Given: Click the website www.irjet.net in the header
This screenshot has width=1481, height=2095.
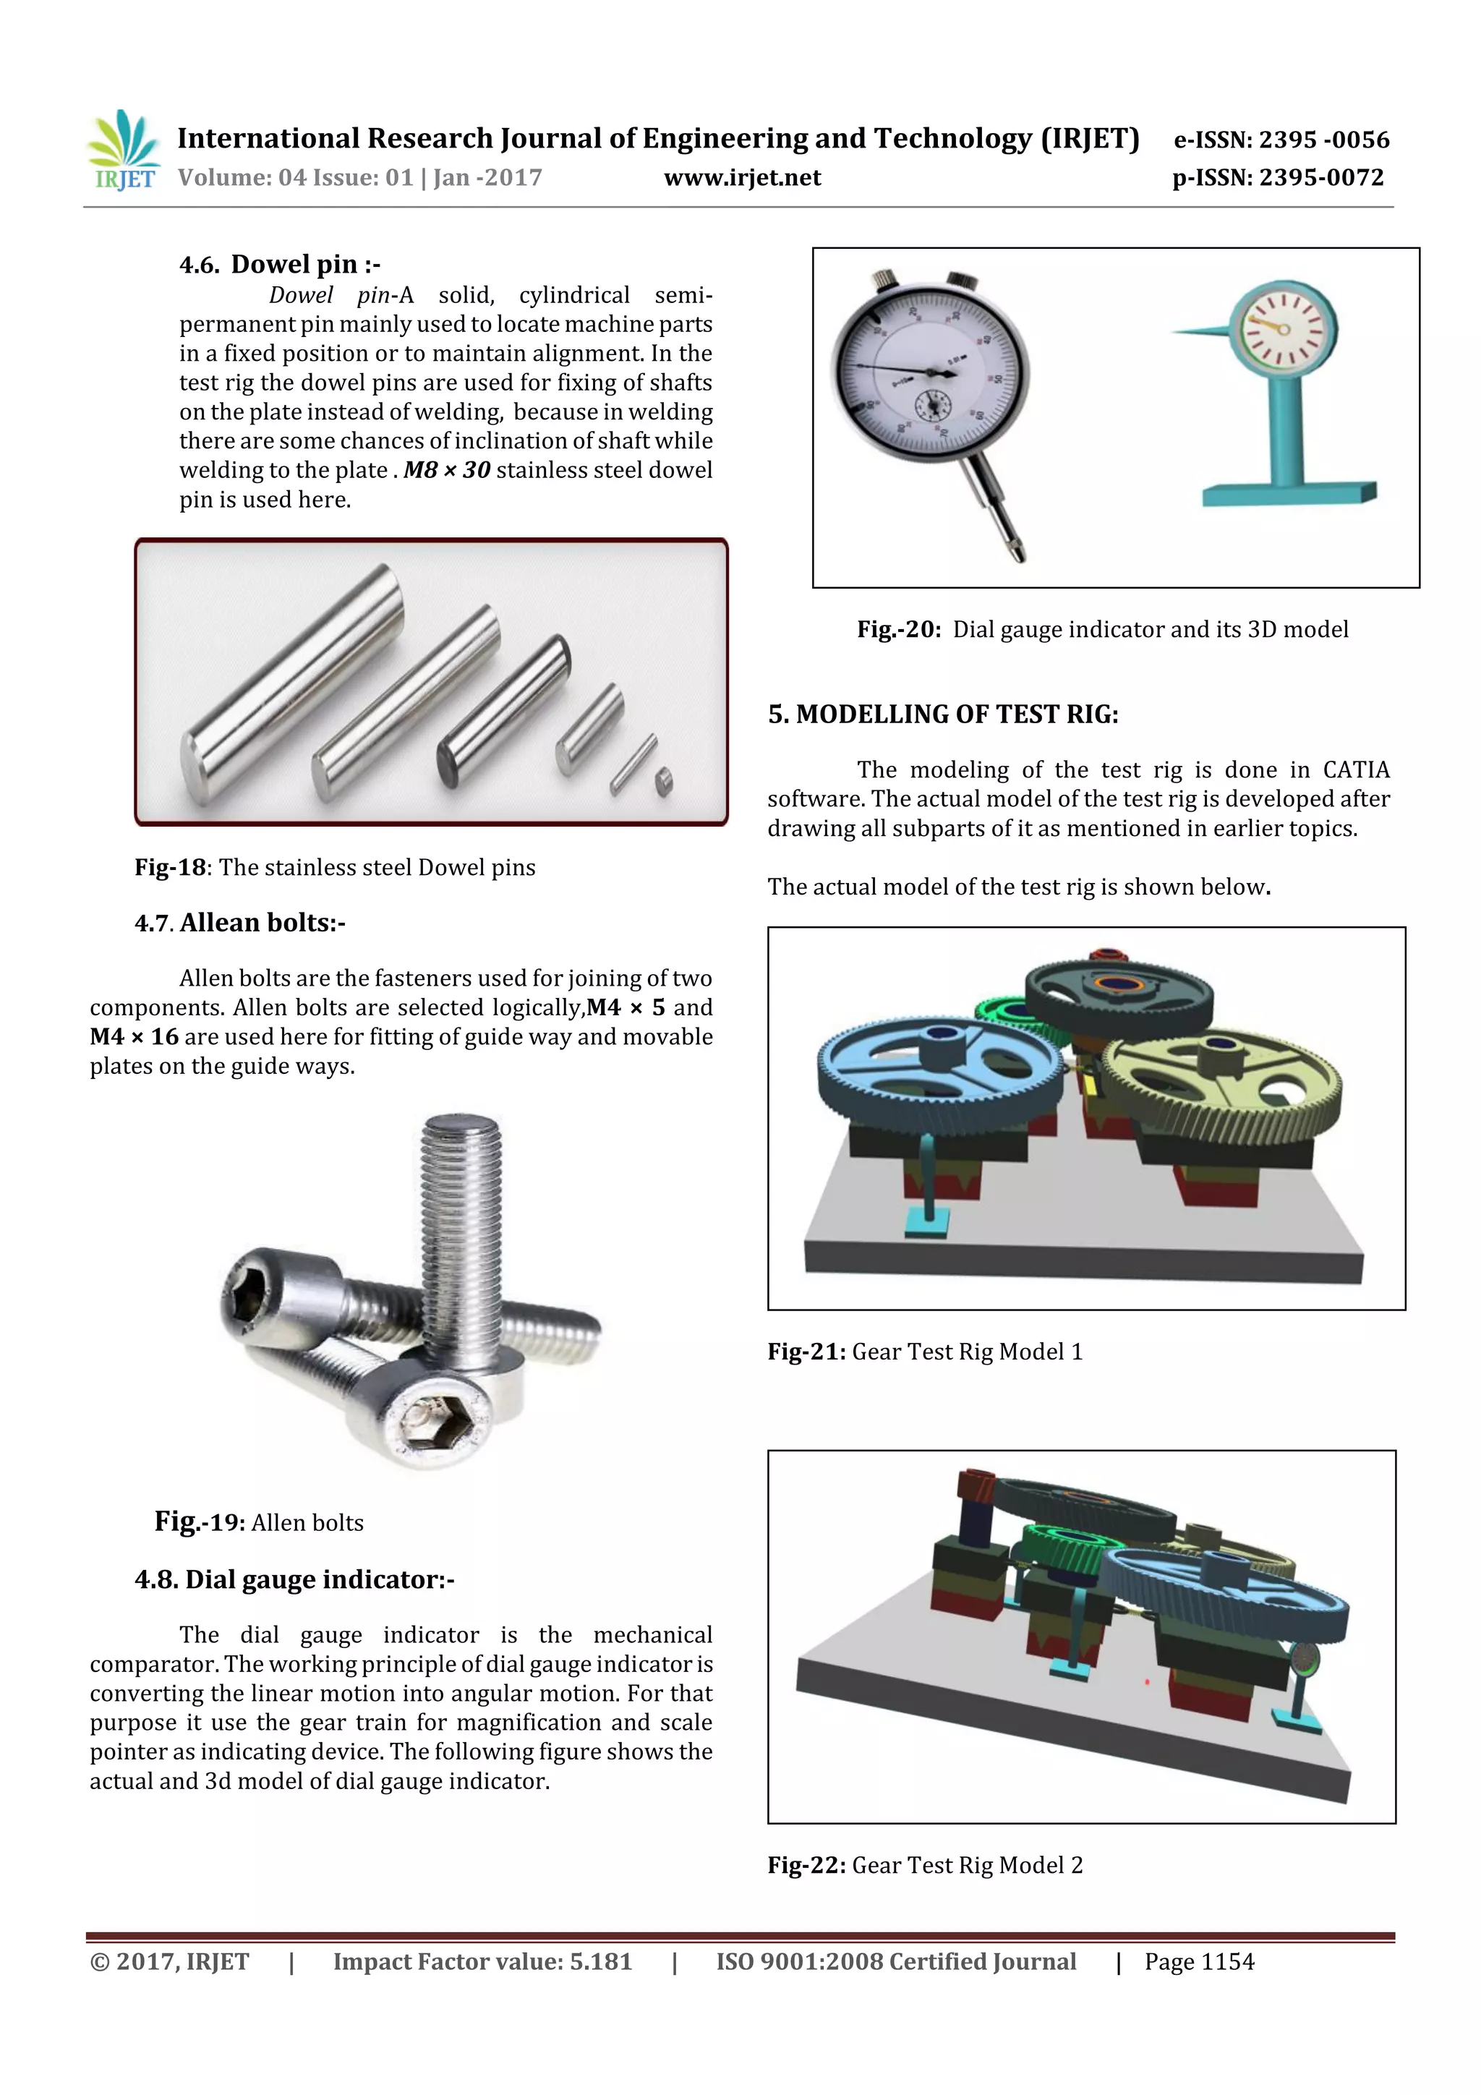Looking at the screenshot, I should [x=742, y=178].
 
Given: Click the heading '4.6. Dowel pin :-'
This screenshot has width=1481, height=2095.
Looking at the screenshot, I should [x=279, y=265].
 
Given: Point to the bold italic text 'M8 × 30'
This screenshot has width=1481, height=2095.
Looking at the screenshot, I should [x=446, y=470].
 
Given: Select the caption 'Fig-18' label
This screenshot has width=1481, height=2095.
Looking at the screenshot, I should [x=171, y=867].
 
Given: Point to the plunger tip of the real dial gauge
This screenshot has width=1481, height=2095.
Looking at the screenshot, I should [x=1015, y=547].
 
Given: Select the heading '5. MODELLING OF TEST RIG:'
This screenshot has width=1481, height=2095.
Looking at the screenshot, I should [x=943, y=714].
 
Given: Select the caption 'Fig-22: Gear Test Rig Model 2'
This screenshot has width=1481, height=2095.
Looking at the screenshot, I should [x=924, y=1864].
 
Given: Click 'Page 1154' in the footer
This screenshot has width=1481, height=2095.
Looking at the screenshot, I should [x=1198, y=1962].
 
